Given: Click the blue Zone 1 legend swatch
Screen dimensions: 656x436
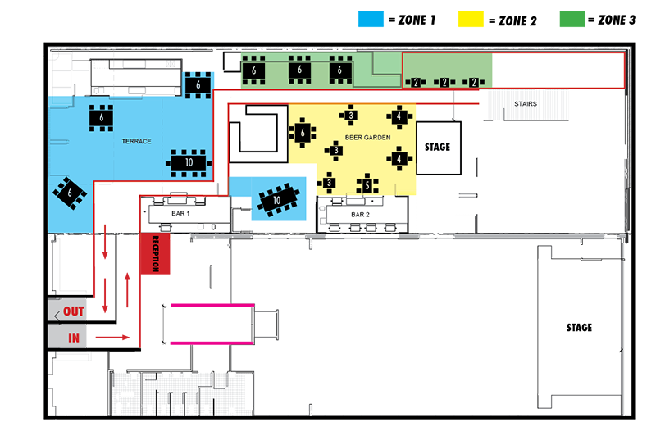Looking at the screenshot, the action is [x=371, y=19].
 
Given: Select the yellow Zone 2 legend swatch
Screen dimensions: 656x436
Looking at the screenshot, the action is [x=471, y=19].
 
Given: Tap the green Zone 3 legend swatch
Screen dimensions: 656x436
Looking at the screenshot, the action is [x=572, y=19].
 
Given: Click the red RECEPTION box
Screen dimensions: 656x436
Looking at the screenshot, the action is [x=155, y=254].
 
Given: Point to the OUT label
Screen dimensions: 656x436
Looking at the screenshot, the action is [x=74, y=311].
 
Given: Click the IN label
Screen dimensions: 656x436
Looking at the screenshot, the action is [x=74, y=338].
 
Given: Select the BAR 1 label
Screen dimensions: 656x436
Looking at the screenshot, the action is [x=180, y=214].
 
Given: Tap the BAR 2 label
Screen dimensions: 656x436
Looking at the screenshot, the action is [x=360, y=215].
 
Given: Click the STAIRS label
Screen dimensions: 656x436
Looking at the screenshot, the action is [x=526, y=103].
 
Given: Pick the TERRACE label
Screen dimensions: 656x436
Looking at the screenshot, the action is [x=136, y=141].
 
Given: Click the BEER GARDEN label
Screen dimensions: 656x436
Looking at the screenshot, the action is [x=367, y=137].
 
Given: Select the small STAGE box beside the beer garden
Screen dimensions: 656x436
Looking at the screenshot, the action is [x=439, y=148].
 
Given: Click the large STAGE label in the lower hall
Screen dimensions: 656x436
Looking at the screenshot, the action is [x=579, y=327].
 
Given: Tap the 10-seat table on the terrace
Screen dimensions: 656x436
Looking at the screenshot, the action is [x=189, y=162].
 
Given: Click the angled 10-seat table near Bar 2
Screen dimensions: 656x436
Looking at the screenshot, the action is [x=278, y=200].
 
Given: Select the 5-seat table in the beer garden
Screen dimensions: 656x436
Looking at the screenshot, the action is [x=367, y=184].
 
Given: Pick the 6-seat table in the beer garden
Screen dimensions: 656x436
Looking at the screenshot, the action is [x=303, y=133].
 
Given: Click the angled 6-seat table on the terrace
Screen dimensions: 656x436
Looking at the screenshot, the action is [x=70, y=193].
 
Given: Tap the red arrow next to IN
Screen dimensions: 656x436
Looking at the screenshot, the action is [x=112, y=338].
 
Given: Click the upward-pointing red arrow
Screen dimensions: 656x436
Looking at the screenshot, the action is [x=127, y=290].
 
